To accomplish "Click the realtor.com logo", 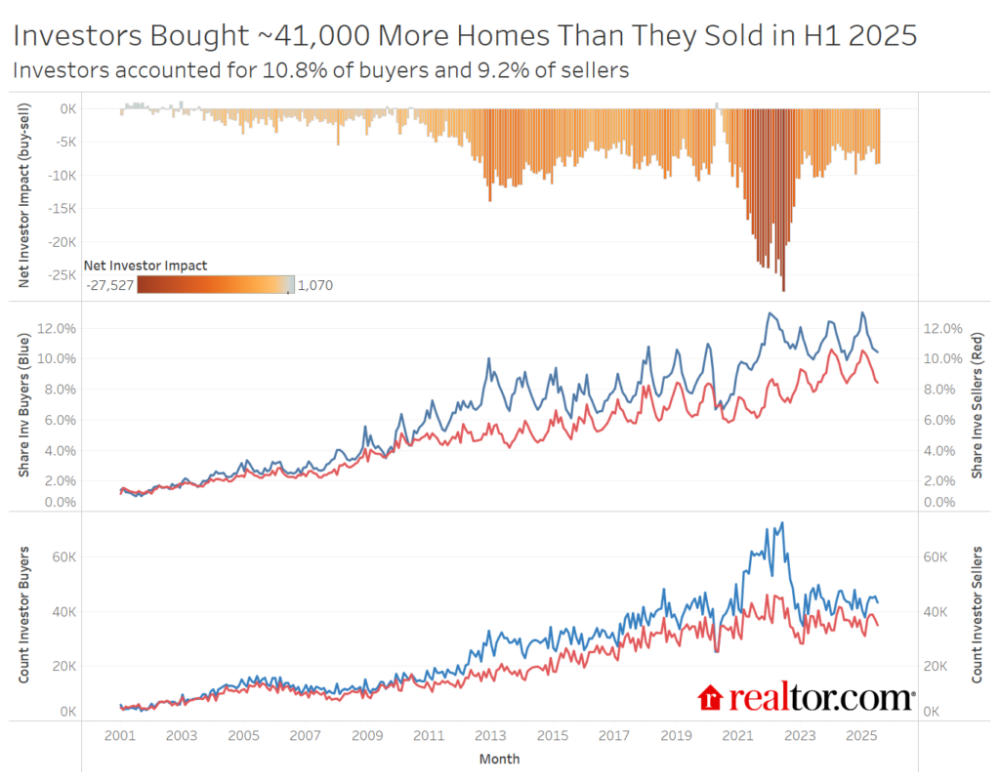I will point(806,697).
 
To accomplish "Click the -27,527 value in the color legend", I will point(109,284).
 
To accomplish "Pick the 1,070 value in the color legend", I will point(314,284).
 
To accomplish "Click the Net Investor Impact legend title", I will point(146,266).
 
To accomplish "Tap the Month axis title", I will point(499,759).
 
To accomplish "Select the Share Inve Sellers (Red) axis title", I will point(977,405).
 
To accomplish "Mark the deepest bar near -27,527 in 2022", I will point(783,289).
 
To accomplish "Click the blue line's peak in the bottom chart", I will point(782,523).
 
